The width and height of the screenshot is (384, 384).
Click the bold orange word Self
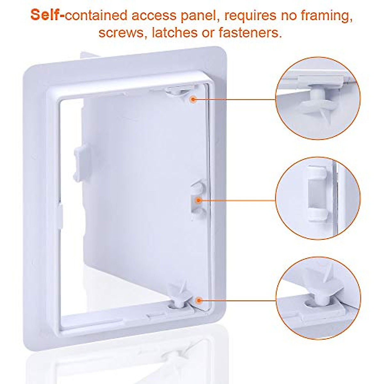[47, 15]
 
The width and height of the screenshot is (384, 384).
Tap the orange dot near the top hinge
[192, 99]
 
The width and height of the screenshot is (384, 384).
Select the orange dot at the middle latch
[198, 201]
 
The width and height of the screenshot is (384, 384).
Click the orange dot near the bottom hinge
[199, 300]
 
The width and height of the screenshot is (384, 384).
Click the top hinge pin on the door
[178, 92]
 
